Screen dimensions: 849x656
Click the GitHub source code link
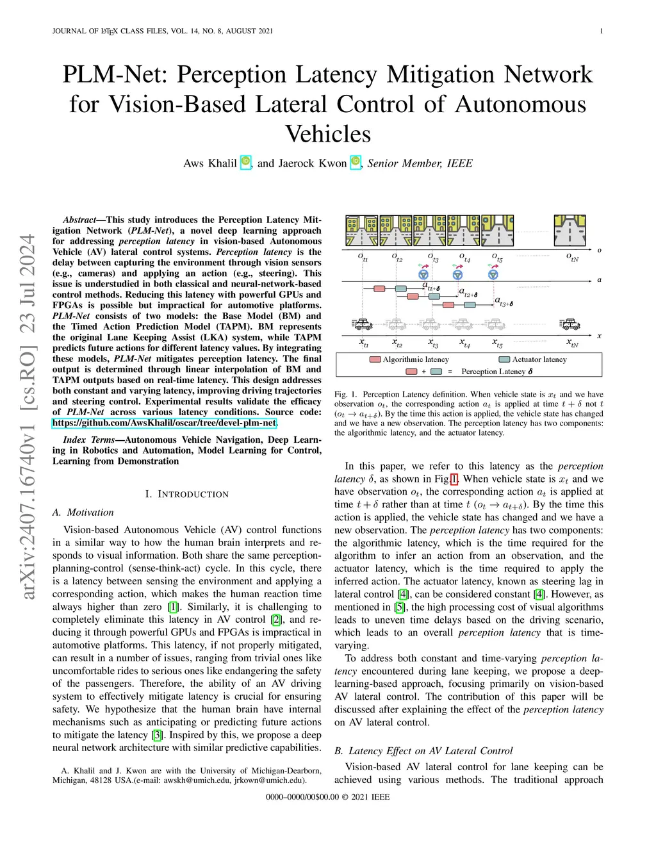[x=165, y=423]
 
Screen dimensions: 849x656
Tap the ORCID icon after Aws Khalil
[x=245, y=163]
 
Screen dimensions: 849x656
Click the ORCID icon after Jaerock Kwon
[x=356, y=163]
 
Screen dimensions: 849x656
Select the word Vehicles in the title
[x=328, y=134]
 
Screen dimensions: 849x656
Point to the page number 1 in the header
[x=602, y=31]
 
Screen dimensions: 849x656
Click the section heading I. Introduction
[x=186, y=494]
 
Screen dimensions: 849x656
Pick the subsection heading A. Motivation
[x=83, y=513]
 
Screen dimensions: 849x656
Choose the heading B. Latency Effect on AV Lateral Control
[x=423, y=751]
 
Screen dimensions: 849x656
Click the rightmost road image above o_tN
[x=570, y=231]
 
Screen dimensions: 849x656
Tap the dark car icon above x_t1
[x=363, y=324]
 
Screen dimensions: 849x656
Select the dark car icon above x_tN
[x=570, y=324]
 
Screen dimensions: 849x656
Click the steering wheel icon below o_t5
[x=493, y=274]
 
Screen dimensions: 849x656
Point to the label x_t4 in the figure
[x=464, y=344]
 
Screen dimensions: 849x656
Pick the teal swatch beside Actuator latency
[x=504, y=359]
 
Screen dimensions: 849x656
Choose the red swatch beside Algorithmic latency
[x=375, y=359]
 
